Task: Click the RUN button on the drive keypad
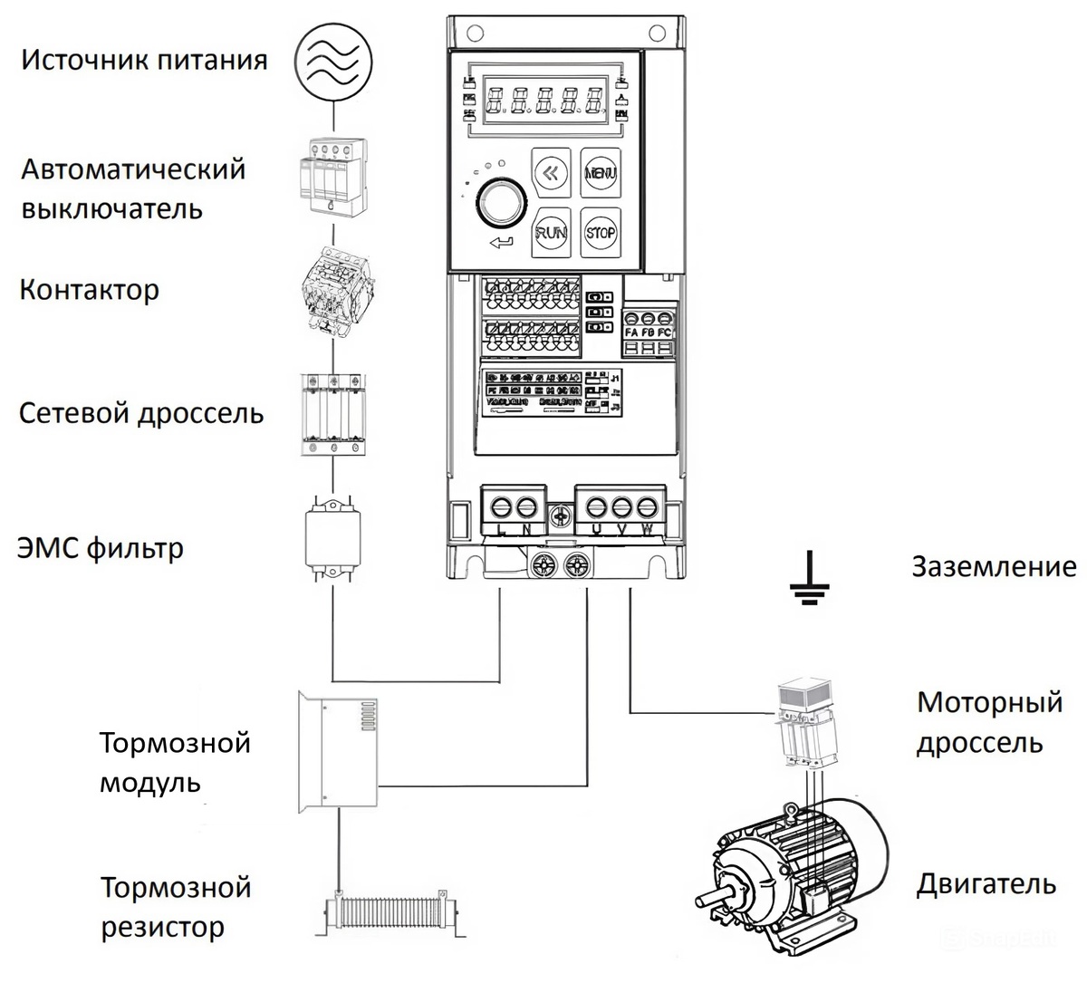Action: (552, 232)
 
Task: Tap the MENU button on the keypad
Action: (601, 172)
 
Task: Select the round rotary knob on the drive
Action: (495, 202)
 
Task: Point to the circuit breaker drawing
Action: (333, 175)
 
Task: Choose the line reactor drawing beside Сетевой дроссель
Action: (333, 412)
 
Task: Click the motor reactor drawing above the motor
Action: (804, 716)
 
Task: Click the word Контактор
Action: (89, 290)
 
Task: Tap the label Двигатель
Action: (986, 883)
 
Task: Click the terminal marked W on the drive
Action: (646, 506)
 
